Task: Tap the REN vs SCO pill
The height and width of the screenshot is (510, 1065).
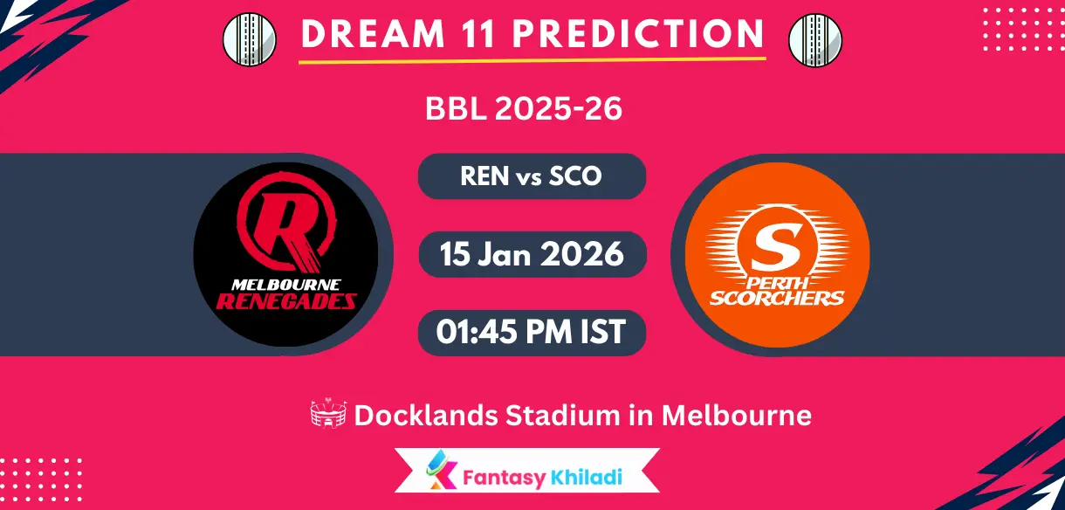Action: [x=532, y=176]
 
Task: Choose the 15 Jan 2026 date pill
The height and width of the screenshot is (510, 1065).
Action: [x=532, y=254]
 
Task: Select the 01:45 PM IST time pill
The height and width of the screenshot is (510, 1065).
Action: [x=532, y=333]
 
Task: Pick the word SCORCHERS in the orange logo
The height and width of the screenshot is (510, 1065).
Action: [x=777, y=298]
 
